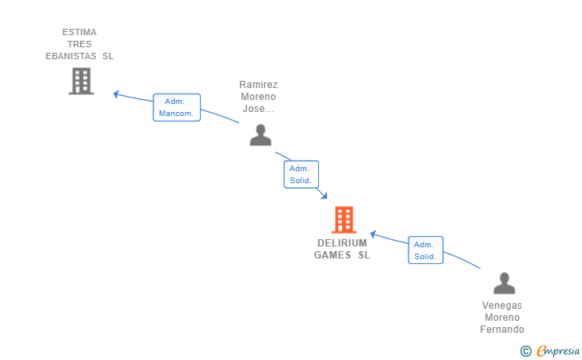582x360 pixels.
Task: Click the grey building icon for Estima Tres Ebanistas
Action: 82,81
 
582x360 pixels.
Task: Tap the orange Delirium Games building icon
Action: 344,219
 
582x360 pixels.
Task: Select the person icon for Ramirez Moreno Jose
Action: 261,135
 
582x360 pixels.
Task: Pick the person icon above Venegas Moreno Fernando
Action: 504,283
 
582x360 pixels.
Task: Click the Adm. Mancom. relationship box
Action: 177,107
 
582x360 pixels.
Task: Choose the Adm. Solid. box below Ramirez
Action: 301,174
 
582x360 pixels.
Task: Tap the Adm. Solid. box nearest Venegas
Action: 425,250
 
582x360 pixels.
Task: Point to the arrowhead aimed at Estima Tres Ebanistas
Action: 116,94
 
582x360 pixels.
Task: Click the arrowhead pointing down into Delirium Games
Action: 324,195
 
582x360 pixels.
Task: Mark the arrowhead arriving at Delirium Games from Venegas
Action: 373,234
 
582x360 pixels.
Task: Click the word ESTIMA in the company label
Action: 79,32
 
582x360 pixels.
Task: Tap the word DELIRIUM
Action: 342,243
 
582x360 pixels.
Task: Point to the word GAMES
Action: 333,255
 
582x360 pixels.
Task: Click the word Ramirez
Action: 258,85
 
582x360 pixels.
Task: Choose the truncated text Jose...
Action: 258,109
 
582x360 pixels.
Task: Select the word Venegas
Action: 502,306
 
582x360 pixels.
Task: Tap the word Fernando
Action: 502,330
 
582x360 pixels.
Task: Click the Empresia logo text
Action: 558,350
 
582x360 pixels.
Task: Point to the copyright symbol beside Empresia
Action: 526,351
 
